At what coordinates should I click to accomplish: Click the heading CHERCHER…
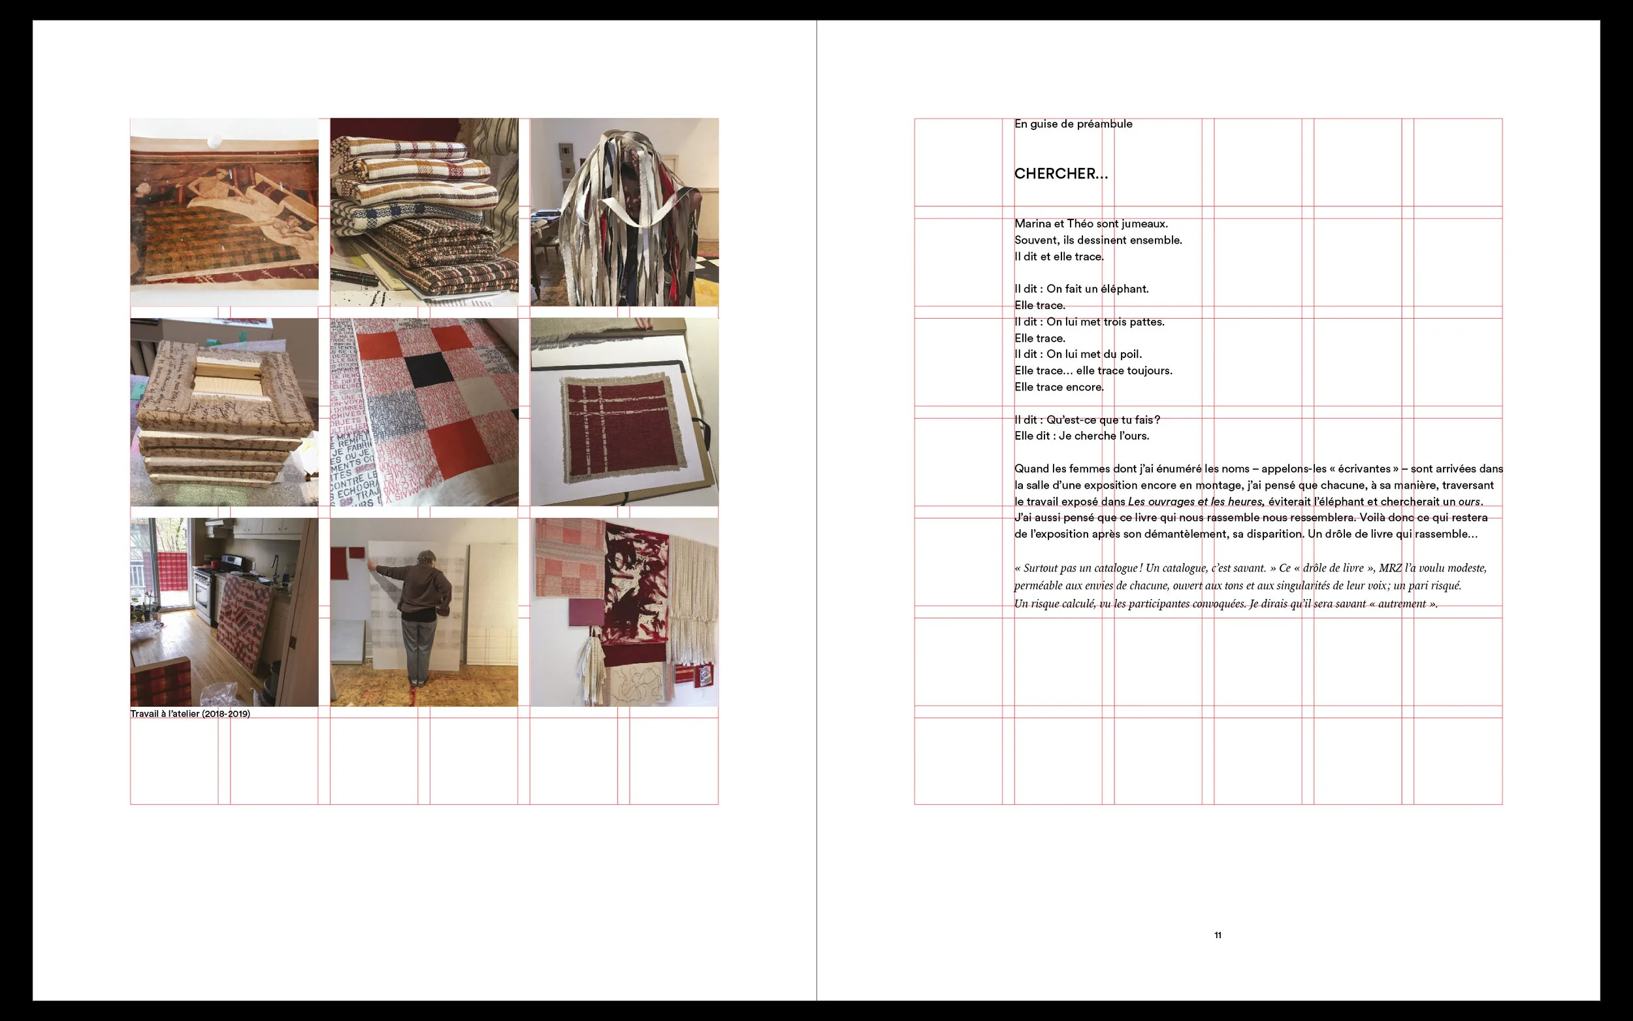click(1061, 174)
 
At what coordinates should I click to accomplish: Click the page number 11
click(1217, 935)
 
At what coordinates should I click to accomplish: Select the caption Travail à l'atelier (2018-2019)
click(189, 714)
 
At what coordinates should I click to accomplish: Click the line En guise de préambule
click(1073, 123)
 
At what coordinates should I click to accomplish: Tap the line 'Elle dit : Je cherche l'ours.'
click(1082, 436)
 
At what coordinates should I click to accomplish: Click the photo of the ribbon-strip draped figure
click(624, 213)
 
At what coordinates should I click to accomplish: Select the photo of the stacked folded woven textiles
click(424, 213)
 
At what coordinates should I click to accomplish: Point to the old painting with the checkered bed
click(224, 213)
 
